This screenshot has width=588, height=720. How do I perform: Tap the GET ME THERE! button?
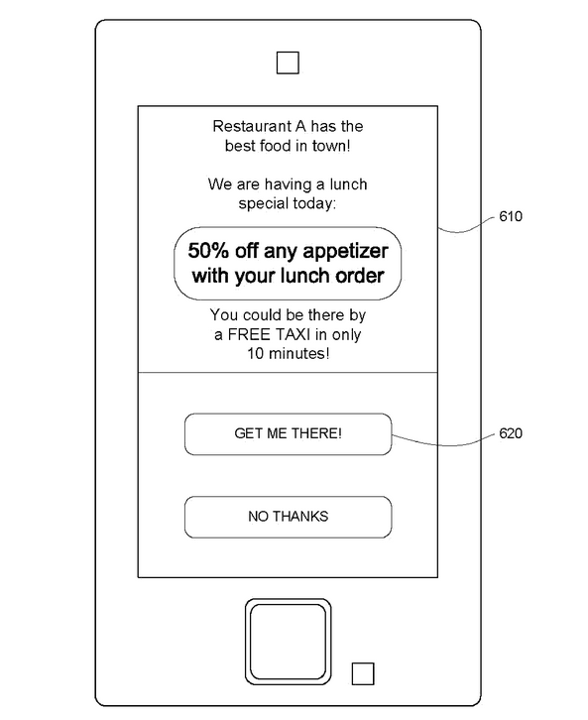coord(288,434)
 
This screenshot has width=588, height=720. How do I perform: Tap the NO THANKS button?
coord(288,517)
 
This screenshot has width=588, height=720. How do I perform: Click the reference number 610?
coord(511,216)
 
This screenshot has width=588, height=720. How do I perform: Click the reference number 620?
coord(511,433)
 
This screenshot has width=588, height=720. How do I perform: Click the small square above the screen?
coord(288,62)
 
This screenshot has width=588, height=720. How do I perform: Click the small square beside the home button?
coord(363,673)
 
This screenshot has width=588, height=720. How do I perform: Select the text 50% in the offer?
coord(208,251)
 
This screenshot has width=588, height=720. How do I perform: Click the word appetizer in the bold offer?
coord(345,252)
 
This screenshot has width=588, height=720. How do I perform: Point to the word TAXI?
coord(293,335)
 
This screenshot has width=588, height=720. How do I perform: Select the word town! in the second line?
coord(331,146)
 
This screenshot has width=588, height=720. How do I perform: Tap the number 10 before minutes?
coord(256,354)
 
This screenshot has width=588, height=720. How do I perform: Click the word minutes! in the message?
coord(298,354)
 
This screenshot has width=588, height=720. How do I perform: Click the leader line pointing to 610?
coord(466,227)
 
